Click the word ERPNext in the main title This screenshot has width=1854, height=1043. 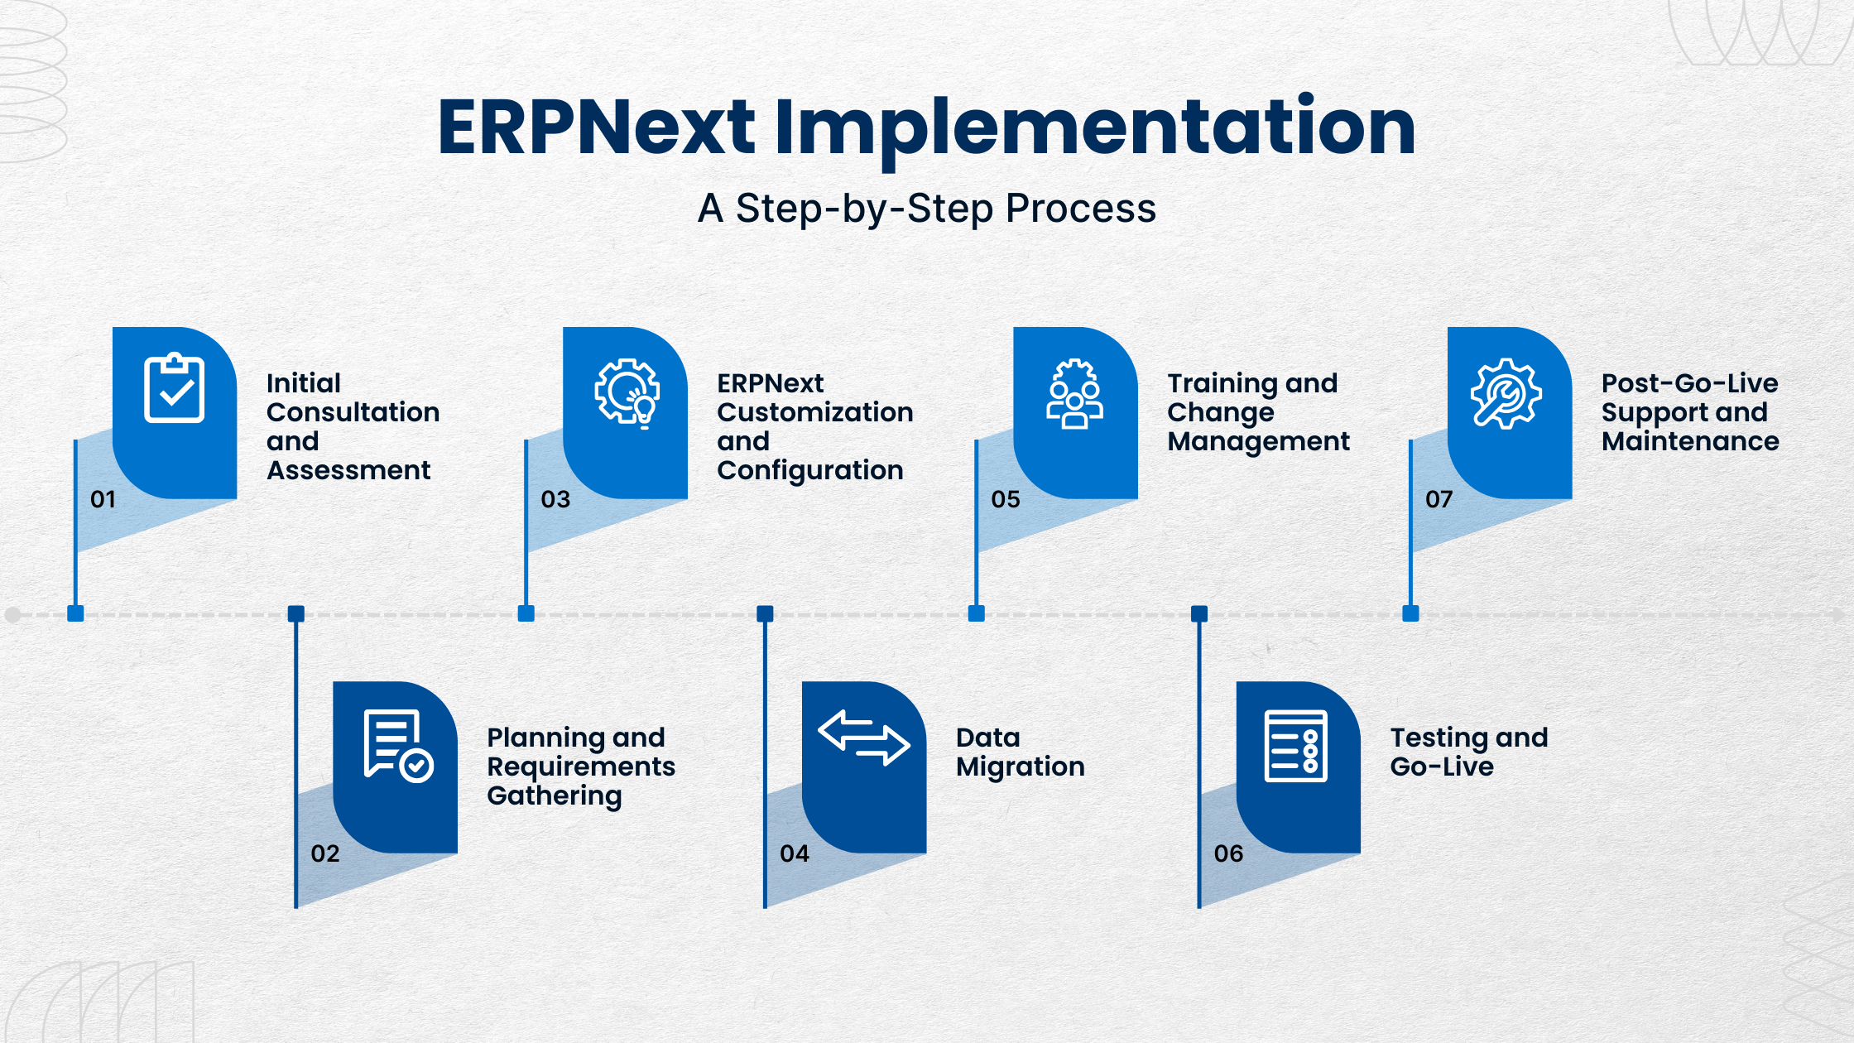point(596,128)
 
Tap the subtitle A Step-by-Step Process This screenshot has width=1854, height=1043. point(926,208)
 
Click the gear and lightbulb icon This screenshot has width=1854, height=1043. point(627,392)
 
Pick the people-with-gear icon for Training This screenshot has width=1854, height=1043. point(1074,394)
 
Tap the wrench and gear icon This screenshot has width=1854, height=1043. point(1506,393)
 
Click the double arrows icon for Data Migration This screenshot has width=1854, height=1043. point(863,737)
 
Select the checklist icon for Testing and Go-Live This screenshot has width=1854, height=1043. point(1295,745)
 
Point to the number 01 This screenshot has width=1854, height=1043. point(103,499)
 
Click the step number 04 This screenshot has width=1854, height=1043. point(794,853)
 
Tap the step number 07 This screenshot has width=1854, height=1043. point(1439,499)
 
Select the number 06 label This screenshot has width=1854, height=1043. point(1228,853)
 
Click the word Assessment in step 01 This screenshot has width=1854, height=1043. point(348,470)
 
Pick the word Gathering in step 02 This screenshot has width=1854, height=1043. point(554,795)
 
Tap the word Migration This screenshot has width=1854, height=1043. point(1020,767)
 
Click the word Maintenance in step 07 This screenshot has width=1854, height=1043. point(1690,441)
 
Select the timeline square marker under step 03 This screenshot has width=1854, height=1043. point(526,613)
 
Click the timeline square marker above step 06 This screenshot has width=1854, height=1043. point(1199,613)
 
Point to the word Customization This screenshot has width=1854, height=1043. point(814,412)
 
